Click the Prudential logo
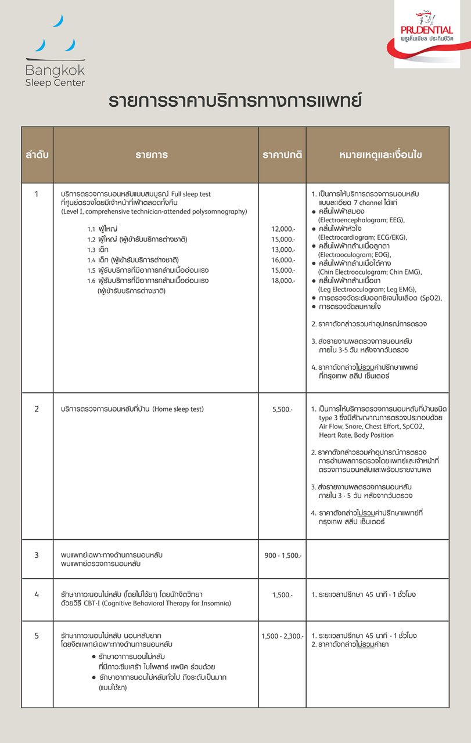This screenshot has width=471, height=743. coord(427,34)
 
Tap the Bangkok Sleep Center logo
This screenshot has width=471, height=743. coord(55,52)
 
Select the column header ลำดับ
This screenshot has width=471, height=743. coord(37,155)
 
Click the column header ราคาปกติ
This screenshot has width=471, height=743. coord(282,155)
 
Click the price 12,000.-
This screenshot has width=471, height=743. coord(283,229)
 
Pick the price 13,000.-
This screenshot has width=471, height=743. coord(283,250)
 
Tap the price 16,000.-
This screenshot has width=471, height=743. coord(283,260)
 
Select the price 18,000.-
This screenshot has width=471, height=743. coord(283,281)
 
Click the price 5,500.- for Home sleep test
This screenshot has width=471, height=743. coord(282,409)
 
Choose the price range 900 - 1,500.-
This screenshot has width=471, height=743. coord(283,556)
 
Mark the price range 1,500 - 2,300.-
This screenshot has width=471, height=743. coord(282,636)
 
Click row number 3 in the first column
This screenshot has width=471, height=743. coord(37,556)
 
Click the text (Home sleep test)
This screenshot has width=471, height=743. coord(178,409)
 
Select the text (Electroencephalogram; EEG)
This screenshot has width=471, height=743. coord(361,221)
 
